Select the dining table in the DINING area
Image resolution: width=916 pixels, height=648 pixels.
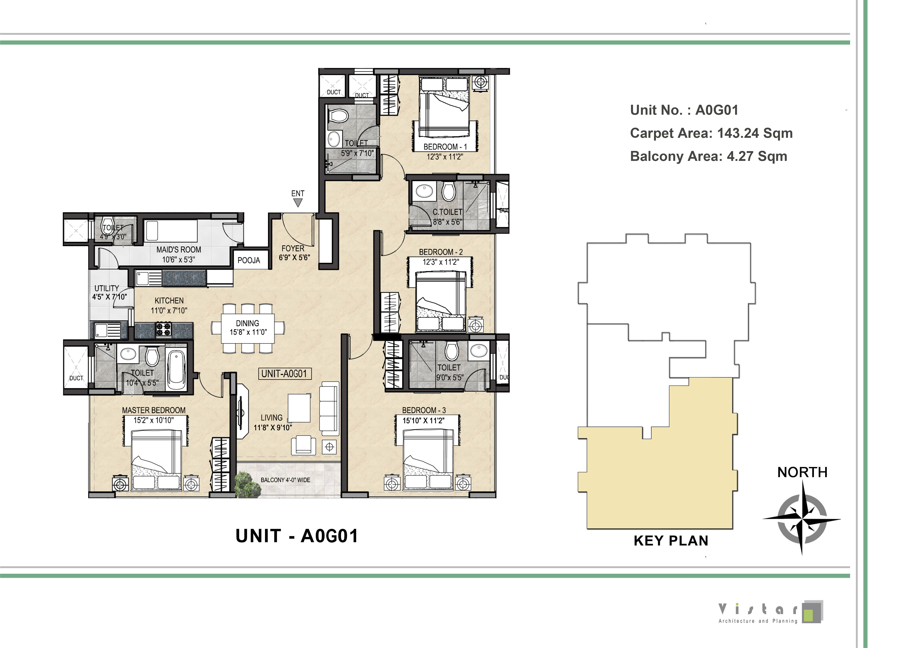248,328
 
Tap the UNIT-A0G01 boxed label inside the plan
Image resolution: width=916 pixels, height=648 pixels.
284,374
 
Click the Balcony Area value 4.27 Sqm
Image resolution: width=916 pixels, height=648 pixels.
757,156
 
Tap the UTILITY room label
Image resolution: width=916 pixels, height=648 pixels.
107,288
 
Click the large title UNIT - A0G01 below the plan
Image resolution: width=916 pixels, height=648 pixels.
297,536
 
